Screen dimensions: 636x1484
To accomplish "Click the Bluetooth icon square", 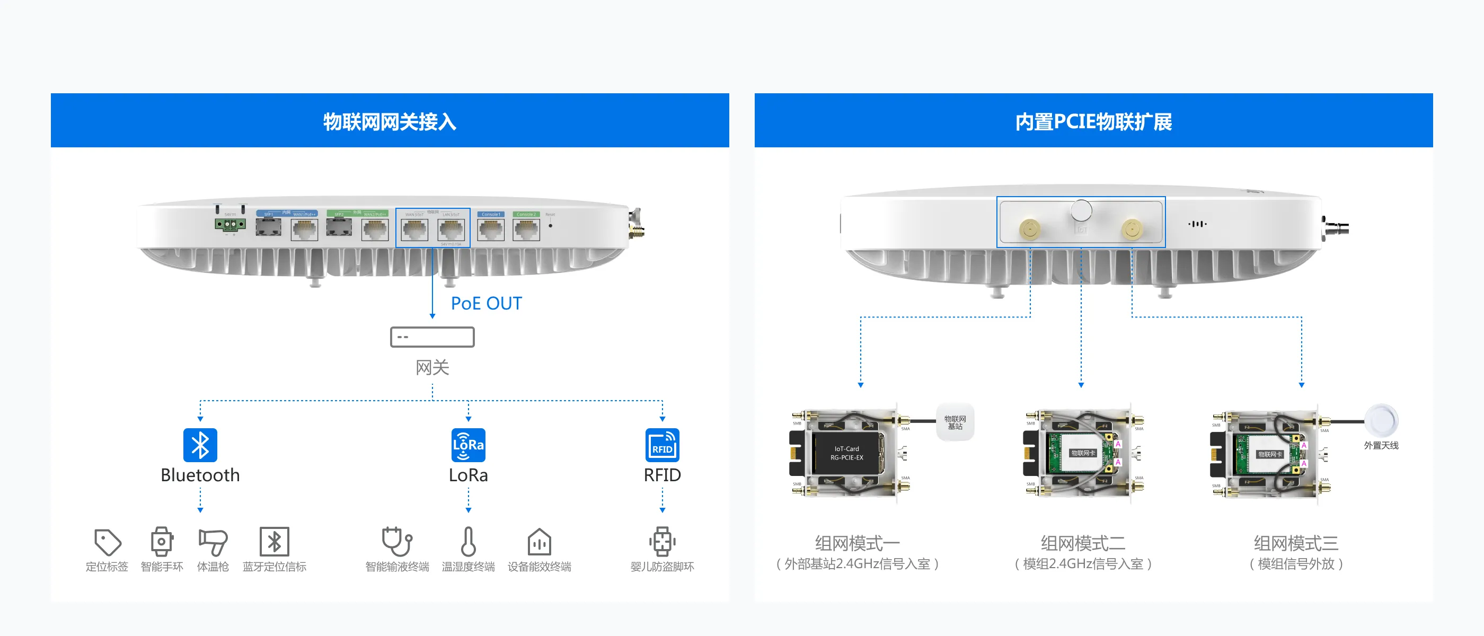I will point(200,445).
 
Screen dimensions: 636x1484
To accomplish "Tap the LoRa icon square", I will point(468,445).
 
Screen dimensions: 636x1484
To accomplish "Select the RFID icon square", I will point(662,445).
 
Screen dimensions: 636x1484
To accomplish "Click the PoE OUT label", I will point(485,304).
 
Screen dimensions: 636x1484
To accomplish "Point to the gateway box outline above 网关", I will point(432,337).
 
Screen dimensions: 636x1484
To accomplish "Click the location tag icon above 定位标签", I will point(107,542).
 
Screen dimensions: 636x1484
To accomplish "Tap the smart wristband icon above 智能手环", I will point(162,542).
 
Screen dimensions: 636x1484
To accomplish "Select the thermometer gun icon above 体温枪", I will point(213,542).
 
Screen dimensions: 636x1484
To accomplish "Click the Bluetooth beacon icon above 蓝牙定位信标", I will point(274,542).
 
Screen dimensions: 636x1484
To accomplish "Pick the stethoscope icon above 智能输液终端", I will point(397,542).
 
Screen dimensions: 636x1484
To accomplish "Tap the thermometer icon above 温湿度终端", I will point(468,542).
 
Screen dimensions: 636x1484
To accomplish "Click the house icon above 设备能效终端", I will point(539,542).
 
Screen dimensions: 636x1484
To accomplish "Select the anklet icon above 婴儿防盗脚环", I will point(662,542).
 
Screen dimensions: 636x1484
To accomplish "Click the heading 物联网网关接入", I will point(390,121).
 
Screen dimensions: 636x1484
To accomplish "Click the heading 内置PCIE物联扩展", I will point(1093,121).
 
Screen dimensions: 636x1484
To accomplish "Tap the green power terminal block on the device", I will point(230,224).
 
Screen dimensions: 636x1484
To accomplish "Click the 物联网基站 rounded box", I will point(955,422).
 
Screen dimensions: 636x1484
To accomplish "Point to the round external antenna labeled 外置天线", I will point(1381,420).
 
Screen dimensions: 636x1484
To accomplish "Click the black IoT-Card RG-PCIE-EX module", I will point(846,453).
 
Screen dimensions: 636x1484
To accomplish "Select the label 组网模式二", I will point(1082,543).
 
